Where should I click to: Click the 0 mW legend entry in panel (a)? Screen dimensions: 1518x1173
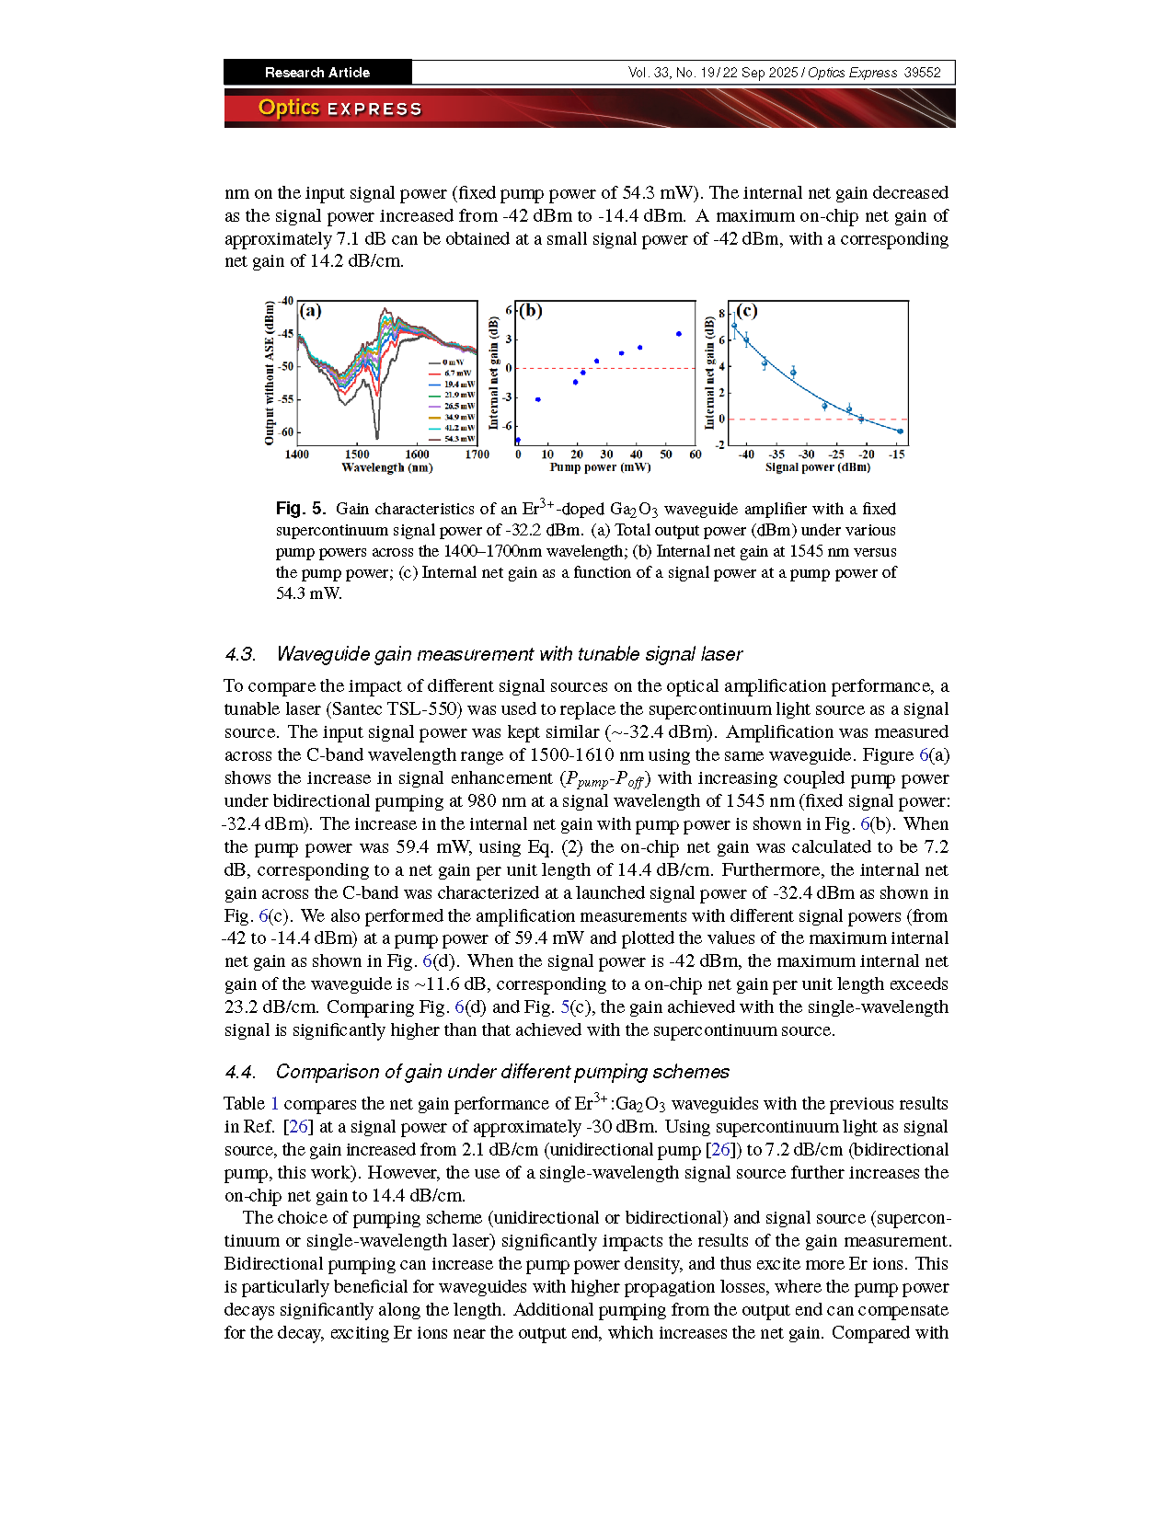(x=453, y=362)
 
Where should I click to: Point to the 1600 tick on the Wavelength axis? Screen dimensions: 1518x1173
(x=417, y=454)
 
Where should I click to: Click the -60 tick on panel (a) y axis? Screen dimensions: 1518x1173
(x=285, y=432)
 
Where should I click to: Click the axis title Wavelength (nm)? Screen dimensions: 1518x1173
(x=386, y=467)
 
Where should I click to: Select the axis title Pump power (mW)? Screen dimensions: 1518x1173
(x=600, y=467)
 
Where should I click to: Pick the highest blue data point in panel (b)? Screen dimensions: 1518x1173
(x=679, y=334)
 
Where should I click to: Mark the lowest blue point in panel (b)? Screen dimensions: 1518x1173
(x=518, y=441)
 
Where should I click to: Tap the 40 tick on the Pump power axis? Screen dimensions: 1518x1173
(x=636, y=454)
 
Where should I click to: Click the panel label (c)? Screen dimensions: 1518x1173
(x=746, y=311)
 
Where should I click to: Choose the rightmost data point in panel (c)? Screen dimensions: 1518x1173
(x=900, y=431)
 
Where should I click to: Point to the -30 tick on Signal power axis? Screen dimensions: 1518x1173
(x=806, y=454)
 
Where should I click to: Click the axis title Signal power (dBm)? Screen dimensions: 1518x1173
(x=817, y=467)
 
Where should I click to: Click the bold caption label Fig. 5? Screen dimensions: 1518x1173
(x=300, y=509)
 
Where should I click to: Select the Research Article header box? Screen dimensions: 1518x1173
(x=317, y=73)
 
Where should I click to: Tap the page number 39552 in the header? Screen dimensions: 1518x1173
(x=922, y=73)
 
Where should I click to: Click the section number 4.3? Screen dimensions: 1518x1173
(x=240, y=654)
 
